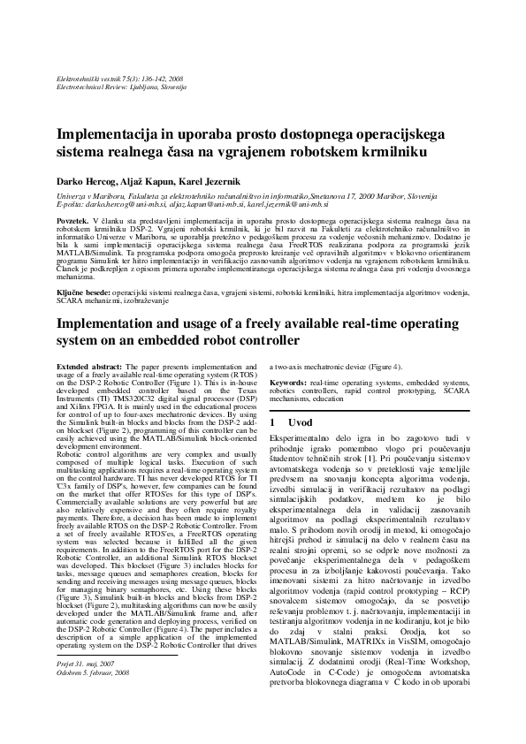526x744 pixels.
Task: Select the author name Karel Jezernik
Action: (x=190, y=182)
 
